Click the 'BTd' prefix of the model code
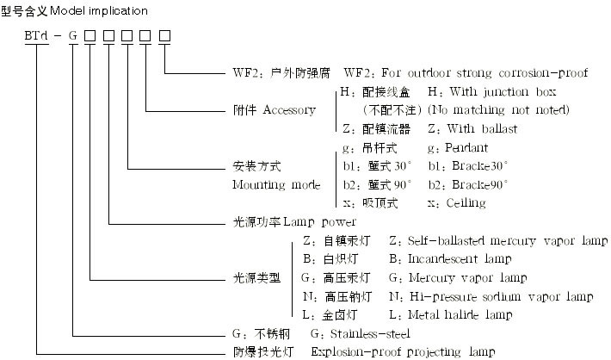(x=39, y=35)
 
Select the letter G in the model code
(x=74, y=35)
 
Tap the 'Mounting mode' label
(x=276, y=184)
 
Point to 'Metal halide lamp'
(x=465, y=315)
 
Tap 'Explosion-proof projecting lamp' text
(x=403, y=351)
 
